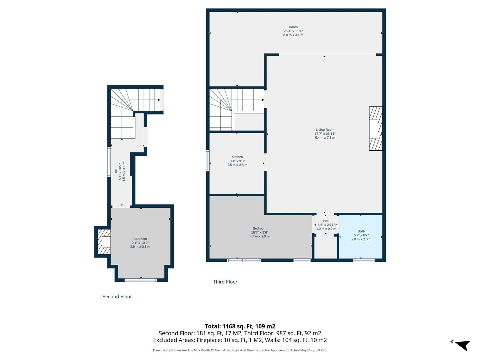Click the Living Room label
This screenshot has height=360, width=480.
325,130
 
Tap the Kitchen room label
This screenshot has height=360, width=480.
237,157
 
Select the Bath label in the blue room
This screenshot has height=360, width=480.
361,231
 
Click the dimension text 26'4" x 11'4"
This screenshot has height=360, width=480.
293,31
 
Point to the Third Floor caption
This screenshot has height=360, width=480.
225,282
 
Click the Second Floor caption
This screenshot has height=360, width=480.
117,297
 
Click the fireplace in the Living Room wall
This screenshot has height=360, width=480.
376,129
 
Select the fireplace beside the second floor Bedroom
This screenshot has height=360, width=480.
104,242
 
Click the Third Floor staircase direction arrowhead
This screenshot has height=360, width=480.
263,100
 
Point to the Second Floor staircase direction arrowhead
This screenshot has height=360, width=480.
159,100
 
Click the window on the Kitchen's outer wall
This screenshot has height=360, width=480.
208,160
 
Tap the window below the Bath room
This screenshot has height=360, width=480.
364,260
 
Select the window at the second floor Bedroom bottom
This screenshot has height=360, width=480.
141,280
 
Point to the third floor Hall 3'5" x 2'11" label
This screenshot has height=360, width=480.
326,225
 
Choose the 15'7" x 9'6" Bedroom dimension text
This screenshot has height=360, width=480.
259,232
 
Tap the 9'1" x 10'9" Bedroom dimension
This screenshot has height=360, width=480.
140,243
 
